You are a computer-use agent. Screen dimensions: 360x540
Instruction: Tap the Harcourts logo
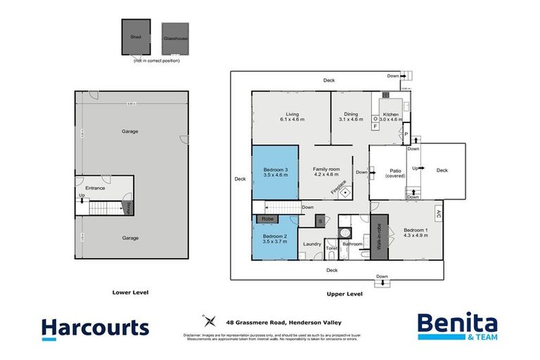click(95, 328)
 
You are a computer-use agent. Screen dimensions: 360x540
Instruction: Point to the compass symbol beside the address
click(209, 321)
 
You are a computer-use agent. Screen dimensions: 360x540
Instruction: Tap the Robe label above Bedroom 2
click(269, 219)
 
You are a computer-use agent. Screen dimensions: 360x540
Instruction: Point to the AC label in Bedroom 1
click(438, 213)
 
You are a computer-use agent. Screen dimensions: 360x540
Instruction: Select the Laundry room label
click(312, 244)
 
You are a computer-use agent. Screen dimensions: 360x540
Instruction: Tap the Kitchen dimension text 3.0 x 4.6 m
click(392, 120)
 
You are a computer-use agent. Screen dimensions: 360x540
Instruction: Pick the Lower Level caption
click(131, 291)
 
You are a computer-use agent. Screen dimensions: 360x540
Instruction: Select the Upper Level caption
click(345, 294)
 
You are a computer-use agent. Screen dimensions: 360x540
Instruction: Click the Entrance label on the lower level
click(95, 188)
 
